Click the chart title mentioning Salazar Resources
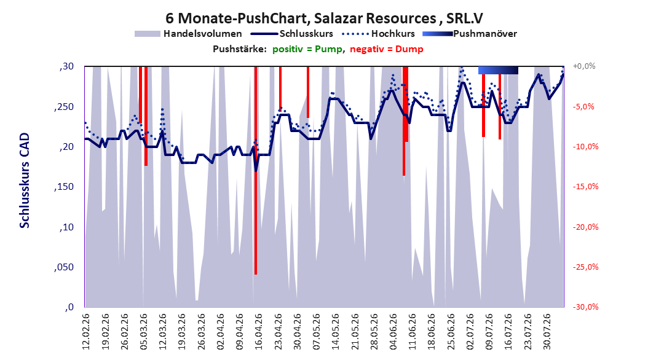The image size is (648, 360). pyautogui.click(x=324, y=18)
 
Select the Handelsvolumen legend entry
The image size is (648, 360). pyautogui.click(x=188, y=34)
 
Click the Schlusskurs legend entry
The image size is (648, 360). pyautogui.click(x=293, y=34)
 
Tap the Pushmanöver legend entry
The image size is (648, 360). pyautogui.click(x=470, y=34)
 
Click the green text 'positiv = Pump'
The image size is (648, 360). pyautogui.click(x=307, y=49)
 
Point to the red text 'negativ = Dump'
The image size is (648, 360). pyautogui.click(x=387, y=49)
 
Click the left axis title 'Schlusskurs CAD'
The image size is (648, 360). pyautogui.click(x=25, y=181)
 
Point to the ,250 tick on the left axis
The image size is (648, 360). pyautogui.click(x=64, y=106)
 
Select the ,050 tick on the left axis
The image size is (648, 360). pyautogui.click(x=64, y=267)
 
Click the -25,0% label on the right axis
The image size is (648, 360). pyautogui.click(x=585, y=267)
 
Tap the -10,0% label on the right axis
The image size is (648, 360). pyautogui.click(x=585, y=147)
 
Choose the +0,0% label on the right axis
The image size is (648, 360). pyautogui.click(x=584, y=66)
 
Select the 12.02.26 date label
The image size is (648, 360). pyautogui.click(x=86, y=332)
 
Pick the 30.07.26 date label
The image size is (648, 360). pyautogui.click(x=547, y=332)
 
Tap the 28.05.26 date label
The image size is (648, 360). pyautogui.click(x=374, y=332)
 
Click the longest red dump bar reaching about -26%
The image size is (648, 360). pyautogui.click(x=256, y=170)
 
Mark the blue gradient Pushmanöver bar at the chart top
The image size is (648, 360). pyautogui.click(x=498, y=70)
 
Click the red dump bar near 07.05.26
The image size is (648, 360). pyautogui.click(x=308, y=92)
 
